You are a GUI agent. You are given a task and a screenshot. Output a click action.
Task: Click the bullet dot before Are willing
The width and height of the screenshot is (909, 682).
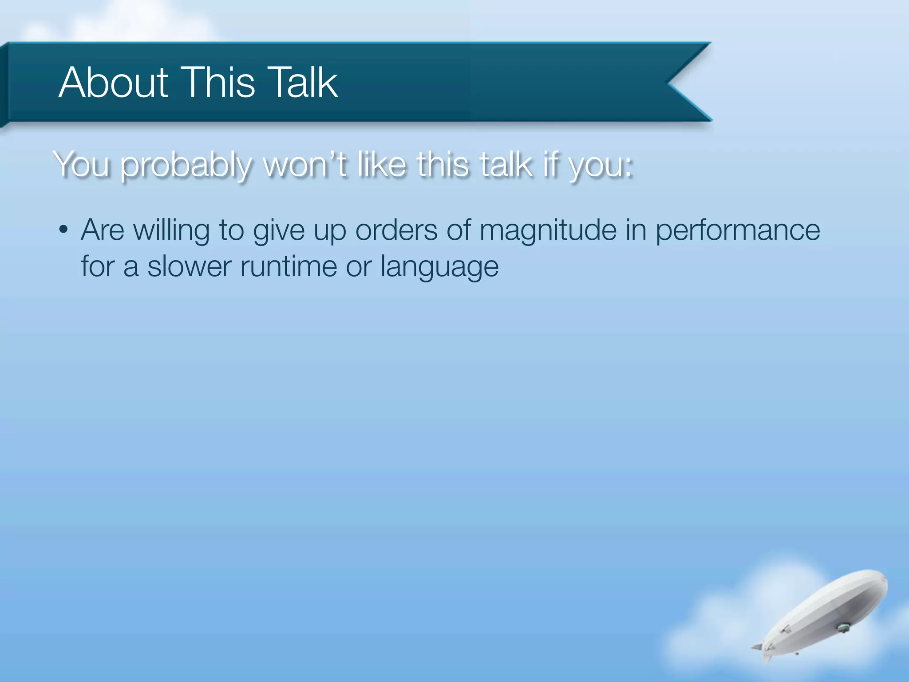[x=63, y=230]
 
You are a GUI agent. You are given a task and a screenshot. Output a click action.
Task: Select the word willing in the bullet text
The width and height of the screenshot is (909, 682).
[x=171, y=231]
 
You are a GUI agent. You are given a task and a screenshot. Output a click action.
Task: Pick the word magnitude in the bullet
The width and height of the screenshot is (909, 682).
[x=548, y=231]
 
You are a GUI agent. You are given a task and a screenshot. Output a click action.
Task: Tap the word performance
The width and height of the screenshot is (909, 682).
[x=737, y=231]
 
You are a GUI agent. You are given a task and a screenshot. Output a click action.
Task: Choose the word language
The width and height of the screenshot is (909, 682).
[x=439, y=268]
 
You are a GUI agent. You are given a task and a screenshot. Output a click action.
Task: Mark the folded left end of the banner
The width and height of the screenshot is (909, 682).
[x=4, y=84]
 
